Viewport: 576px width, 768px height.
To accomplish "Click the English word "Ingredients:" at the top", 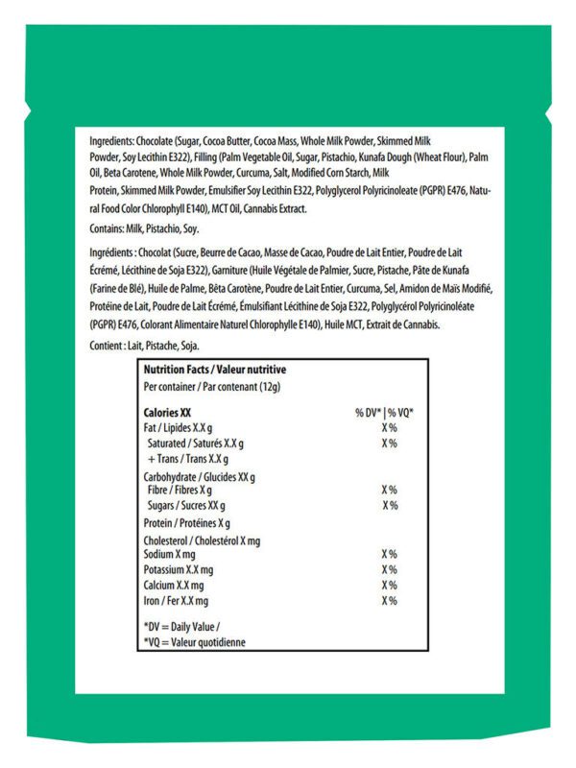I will [112, 138].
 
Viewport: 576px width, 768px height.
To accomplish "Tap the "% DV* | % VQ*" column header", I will [384, 412].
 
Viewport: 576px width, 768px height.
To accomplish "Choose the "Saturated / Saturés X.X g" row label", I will [195, 444].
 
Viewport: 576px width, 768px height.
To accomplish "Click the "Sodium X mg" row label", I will [169, 555].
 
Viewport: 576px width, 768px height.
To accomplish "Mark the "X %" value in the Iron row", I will [389, 601].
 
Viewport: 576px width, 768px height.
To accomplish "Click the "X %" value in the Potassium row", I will [389, 570].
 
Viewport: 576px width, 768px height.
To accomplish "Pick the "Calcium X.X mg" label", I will [173, 586].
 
